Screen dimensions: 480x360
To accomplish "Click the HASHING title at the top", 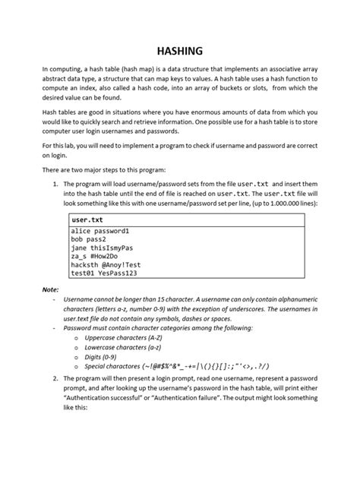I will pos(180,51).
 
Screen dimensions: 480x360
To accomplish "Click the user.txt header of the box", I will pos(85,219).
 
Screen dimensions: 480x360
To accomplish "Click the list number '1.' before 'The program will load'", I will pos(55,184).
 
